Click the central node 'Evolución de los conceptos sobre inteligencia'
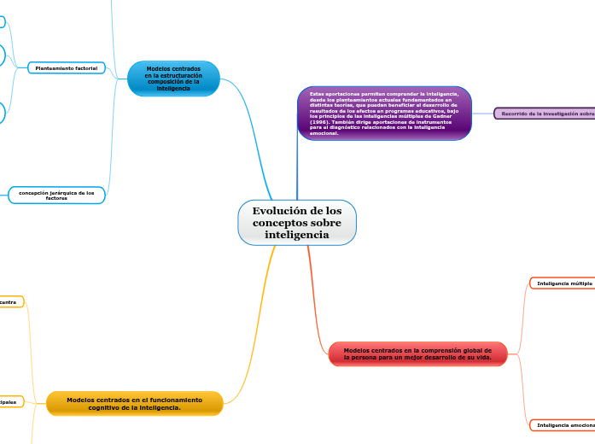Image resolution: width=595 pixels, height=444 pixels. (296, 223)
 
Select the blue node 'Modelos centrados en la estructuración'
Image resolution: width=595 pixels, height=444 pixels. (173, 79)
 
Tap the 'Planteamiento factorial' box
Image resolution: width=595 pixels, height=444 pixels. (66, 67)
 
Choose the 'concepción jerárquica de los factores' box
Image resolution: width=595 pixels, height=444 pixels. (56, 196)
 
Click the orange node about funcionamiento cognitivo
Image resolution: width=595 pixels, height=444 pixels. (134, 403)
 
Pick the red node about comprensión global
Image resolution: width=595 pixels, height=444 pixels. (417, 353)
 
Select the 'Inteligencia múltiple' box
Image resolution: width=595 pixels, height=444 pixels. (562, 283)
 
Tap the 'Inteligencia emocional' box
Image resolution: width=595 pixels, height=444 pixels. (562, 424)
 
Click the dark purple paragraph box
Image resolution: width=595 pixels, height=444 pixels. (384, 113)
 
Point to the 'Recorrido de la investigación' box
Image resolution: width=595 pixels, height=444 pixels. (545, 113)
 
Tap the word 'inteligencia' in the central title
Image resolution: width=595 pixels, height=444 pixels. (296, 235)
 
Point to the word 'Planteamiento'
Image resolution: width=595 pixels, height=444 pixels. (54, 67)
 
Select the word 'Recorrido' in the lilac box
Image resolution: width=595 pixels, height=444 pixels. (517, 113)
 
